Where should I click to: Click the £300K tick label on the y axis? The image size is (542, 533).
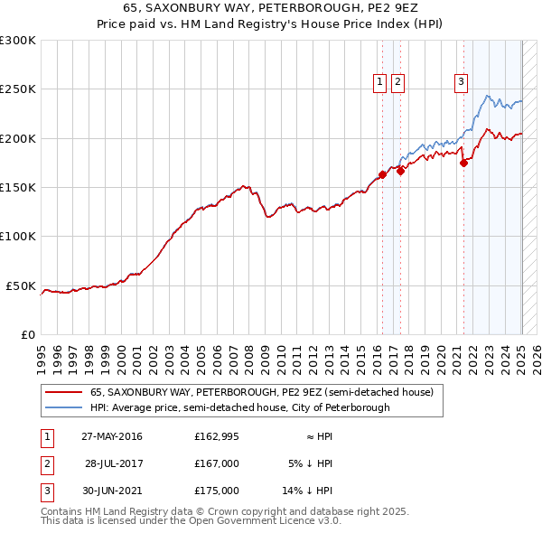point(18,41)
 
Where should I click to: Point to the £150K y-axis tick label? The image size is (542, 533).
point(18,188)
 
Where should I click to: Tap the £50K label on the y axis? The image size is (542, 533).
point(21,285)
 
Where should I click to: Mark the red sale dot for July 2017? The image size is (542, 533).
point(400,170)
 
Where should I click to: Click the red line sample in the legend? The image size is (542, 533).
point(63,392)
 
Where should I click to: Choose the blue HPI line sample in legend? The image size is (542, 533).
point(63,407)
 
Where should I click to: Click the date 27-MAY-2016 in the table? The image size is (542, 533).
point(112,436)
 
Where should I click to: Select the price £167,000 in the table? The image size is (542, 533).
point(217,463)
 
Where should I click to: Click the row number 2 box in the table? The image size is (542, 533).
point(46,463)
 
